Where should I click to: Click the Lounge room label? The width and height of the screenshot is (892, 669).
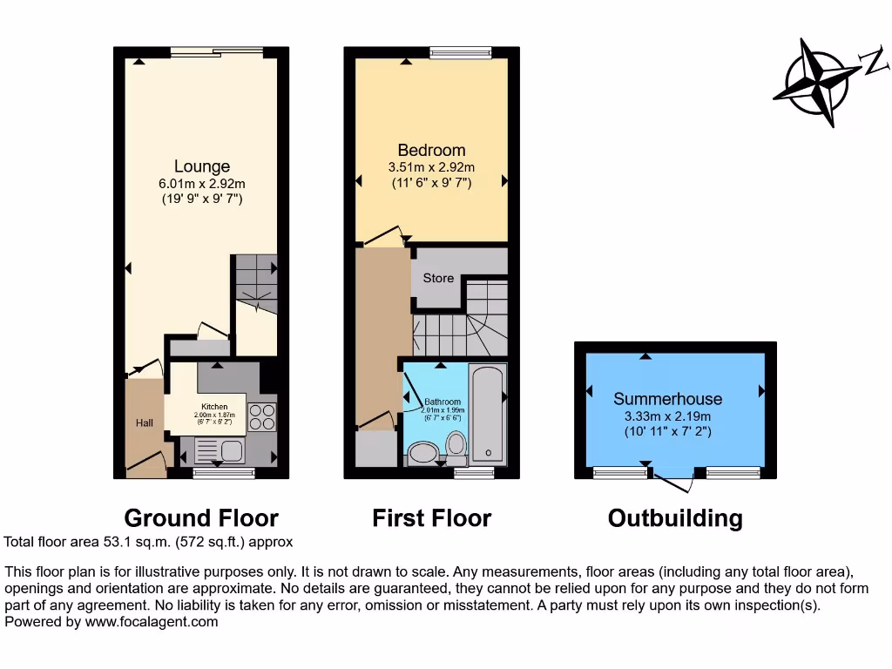tap(202, 166)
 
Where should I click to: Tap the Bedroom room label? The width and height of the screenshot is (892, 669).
tap(431, 150)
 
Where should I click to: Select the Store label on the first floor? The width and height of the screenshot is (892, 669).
tap(438, 278)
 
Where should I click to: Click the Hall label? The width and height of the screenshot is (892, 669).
tap(144, 423)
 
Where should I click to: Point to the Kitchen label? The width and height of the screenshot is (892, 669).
tap(215, 407)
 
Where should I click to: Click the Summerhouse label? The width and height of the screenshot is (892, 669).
tap(667, 399)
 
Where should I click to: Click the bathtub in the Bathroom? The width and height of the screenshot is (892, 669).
tap(487, 412)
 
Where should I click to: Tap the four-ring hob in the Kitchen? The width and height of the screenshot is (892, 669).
tap(261, 418)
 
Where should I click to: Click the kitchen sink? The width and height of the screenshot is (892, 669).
tap(232, 450)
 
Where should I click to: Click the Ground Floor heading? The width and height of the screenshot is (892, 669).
tap(201, 518)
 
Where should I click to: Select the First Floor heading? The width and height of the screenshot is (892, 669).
tap(431, 518)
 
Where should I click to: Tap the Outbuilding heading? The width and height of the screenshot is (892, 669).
tap(675, 518)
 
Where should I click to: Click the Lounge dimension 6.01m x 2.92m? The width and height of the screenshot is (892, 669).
tap(202, 184)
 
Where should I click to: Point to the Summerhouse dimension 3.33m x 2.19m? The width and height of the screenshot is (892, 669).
tap(667, 416)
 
